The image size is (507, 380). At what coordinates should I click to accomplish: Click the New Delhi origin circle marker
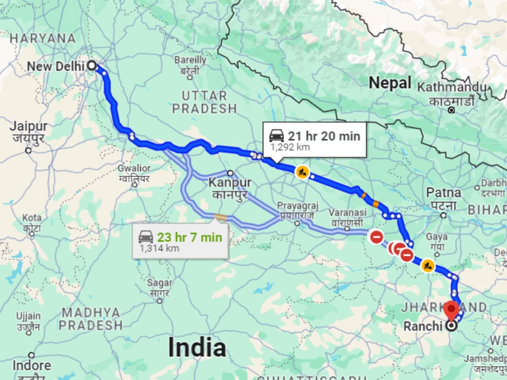pos(91,66)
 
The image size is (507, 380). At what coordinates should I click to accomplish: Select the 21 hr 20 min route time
pos(324,136)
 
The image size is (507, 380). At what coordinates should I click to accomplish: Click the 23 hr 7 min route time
pos(189,237)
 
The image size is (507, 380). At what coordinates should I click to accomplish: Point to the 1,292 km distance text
pos(290,147)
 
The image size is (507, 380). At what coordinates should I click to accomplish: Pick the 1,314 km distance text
pos(159,248)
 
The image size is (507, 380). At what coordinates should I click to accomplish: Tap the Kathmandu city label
pos(452,87)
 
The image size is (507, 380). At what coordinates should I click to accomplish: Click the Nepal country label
pos(390,83)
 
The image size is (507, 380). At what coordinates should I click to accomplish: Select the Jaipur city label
pos(29,126)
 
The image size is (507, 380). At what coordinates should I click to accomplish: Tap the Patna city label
pos(443,193)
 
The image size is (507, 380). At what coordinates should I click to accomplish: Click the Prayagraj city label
pos(297,206)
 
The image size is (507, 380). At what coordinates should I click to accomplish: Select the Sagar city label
pos(160,283)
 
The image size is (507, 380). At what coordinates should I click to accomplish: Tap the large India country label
pos(197,347)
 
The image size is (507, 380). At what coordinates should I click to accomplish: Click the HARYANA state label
pos(43,38)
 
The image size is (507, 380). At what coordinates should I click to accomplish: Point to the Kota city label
pos(32,218)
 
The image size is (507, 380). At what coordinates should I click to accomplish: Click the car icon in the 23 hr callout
pos(146,237)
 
